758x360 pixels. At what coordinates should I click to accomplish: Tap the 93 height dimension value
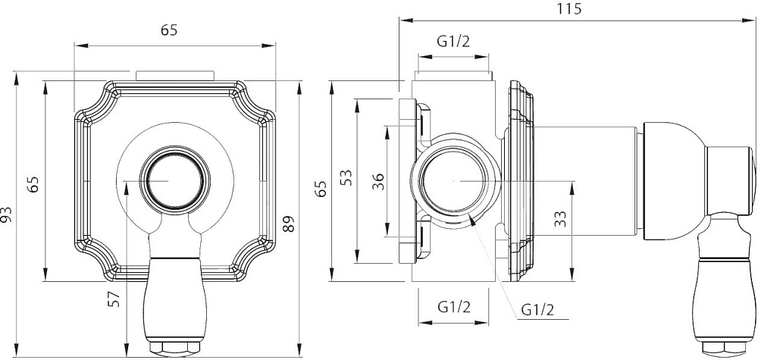6,214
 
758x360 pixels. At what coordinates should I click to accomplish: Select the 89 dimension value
289,224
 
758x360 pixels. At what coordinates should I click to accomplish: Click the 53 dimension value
346,178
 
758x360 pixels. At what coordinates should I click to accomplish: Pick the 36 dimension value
380,181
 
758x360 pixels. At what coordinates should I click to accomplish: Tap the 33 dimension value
560,219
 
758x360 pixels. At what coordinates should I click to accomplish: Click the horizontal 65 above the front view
169,30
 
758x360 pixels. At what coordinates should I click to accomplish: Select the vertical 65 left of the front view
33,185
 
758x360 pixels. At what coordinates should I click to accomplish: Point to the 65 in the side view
321,188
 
